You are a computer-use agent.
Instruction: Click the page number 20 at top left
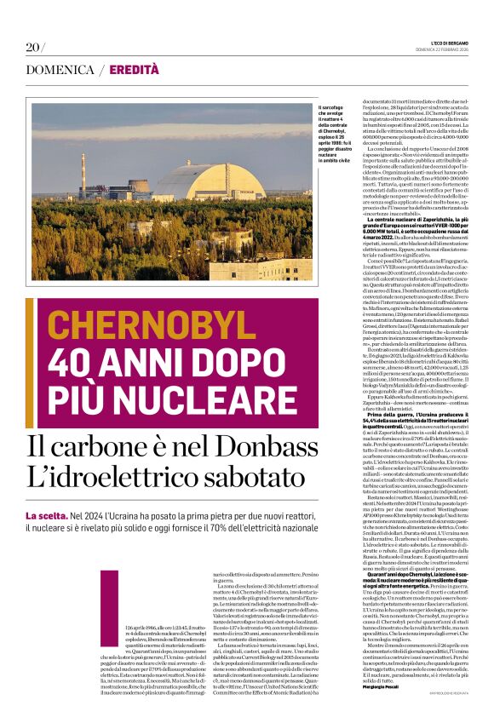coord(34,46)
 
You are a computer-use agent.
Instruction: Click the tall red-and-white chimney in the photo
coord(83,174)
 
